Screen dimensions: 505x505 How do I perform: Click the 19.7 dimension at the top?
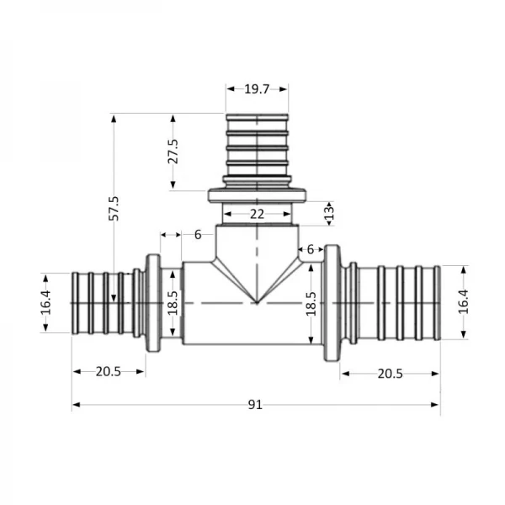[x=257, y=88]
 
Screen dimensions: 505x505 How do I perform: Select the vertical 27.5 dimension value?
[x=173, y=151]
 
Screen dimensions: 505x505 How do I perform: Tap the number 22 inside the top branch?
[x=257, y=215]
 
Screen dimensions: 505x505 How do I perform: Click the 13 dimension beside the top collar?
[x=329, y=213]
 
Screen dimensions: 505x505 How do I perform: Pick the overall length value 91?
[x=255, y=404]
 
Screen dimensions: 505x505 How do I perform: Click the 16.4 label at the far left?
[x=46, y=302]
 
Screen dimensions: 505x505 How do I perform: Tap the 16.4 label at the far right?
[x=462, y=302]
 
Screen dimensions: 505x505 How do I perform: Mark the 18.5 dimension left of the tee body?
[x=173, y=303]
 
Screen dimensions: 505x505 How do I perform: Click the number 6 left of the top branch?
[x=198, y=235]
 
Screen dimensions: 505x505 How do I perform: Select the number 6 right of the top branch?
[x=311, y=249]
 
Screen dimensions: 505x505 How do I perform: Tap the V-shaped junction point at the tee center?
[x=257, y=301]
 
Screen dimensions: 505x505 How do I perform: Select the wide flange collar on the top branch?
[x=257, y=195]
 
